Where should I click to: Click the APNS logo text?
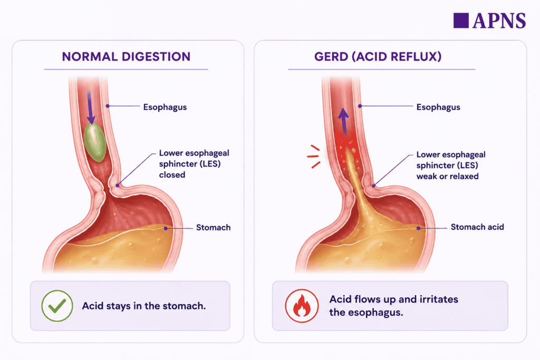click(499, 21)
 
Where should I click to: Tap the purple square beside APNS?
click(461, 21)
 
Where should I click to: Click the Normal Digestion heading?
click(126, 56)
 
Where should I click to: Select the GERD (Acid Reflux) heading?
click(378, 56)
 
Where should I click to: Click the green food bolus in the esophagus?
click(95, 142)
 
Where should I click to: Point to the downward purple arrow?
click(91, 108)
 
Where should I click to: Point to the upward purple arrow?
click(343, 121)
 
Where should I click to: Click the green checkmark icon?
click(57, 306)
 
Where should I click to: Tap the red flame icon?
click(302, 306)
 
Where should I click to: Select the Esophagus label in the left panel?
click(165, 107)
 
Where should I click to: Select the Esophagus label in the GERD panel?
click(438, 107)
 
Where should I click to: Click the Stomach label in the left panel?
click(213, 228)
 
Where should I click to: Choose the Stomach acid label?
click(477, 227)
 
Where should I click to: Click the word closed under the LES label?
click(172, 175)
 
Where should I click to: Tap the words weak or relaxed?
click(447, 176)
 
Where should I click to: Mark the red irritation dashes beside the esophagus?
click(313, 157)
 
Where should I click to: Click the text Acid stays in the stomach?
click(143, 306)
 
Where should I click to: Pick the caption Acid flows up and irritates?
click(393, 299)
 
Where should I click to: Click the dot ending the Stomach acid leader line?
click(418, 228)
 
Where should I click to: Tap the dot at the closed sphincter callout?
click(118, 185)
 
